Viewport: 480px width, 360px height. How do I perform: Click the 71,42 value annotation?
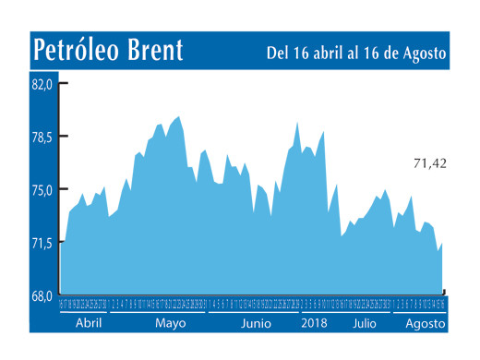429,163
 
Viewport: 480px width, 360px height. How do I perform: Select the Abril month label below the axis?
88,324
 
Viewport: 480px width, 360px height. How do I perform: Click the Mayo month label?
170,324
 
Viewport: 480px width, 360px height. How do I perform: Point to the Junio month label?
256,324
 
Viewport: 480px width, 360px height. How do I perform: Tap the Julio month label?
364,324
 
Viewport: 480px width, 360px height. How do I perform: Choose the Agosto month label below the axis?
425,324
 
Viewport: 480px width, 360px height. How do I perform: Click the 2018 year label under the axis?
315,324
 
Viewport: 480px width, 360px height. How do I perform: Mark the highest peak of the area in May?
178,116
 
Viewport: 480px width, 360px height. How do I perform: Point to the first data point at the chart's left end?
62,241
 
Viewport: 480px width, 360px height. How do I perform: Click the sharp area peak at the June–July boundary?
297,122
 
